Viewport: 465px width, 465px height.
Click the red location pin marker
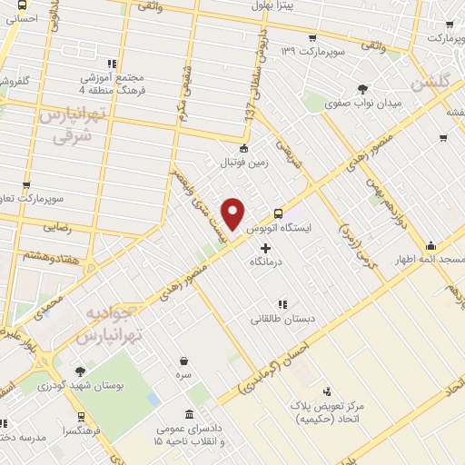[233, 213]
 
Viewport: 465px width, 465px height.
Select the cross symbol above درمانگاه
[265, 247]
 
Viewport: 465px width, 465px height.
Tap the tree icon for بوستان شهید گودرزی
[81, 371]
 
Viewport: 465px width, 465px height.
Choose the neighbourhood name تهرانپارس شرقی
[68, 125]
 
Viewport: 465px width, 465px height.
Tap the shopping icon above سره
[184, 361]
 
